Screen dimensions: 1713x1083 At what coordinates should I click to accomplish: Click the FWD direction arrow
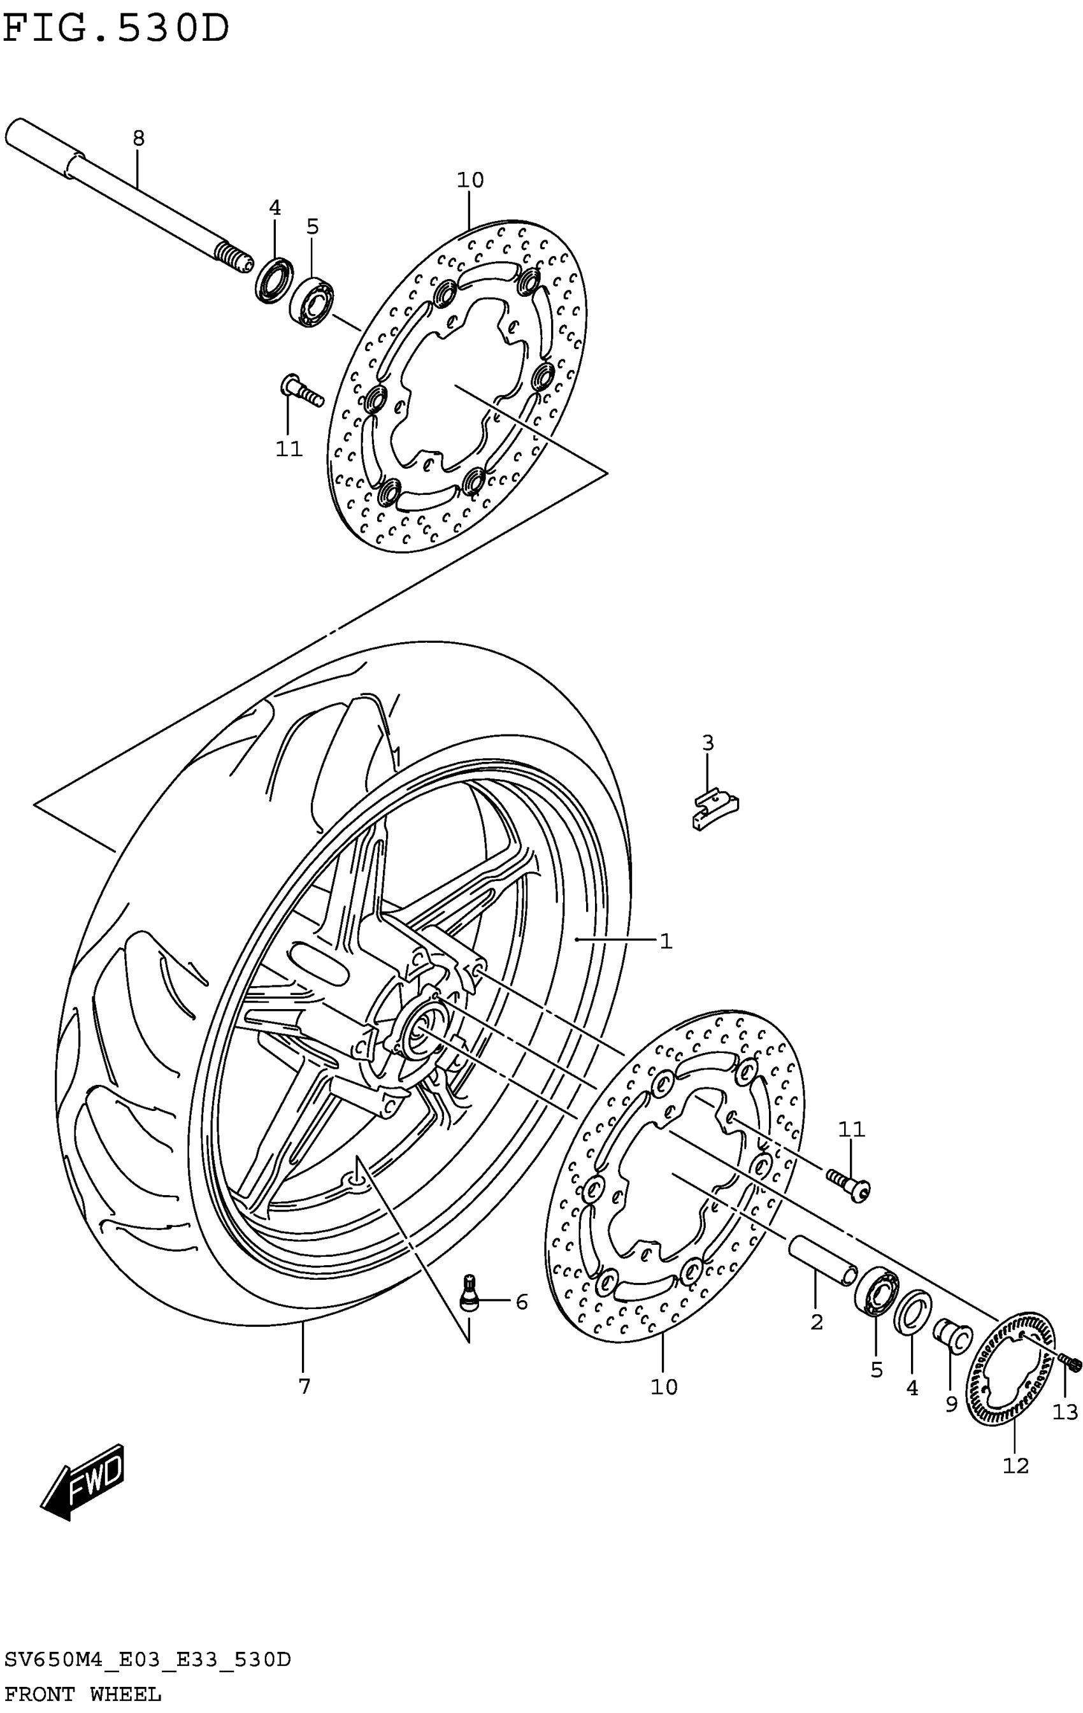pyautogui.click(x=84, y=1481)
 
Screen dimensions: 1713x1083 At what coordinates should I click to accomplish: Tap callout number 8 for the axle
pyautogui.click(x=138, y=138)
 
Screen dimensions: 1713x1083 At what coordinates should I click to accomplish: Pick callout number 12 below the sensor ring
pyautogui.click(x=1015, y=1465)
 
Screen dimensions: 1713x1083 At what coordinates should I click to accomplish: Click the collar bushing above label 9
pyautogui.click(x=952, y=1335)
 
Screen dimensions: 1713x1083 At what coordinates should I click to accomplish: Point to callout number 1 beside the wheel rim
pyautogui.click(x=665, y=941)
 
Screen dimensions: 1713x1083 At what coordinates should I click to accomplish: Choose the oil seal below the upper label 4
pyautogui.click(x=274, y=279)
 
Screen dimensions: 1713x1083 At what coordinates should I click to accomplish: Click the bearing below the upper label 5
pyautogui.click(x=313, y=303)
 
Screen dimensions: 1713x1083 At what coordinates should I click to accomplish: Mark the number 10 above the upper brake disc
pyautogui.click(x=470, y=180)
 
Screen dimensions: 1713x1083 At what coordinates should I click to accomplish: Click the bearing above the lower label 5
pyautogui.click(x=877, y=1294)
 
